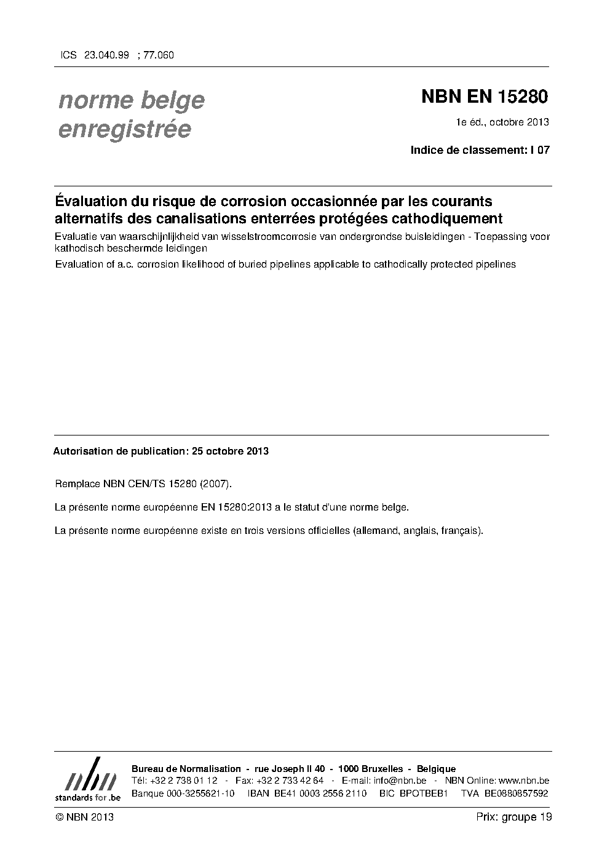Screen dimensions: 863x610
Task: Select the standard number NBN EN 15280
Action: point(484,97)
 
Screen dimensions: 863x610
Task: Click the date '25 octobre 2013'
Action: point(230,451)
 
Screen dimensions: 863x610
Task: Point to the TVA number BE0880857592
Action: point(516,793)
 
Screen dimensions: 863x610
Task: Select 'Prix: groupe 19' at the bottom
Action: point(513,817)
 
